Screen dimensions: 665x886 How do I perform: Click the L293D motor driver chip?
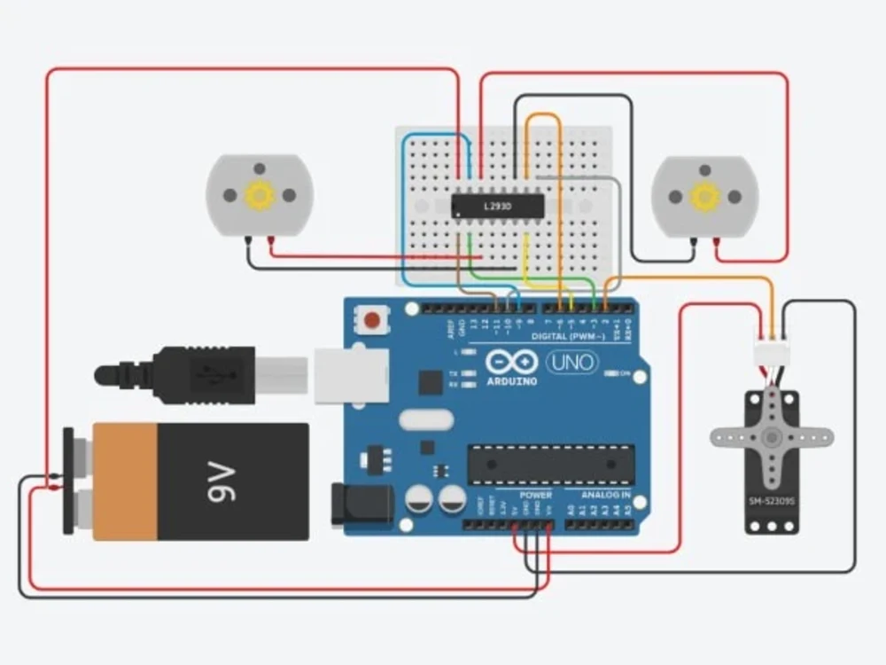(497, 206)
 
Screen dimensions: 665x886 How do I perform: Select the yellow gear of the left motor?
(260, 194)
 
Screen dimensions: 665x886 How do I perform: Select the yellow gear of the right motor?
(705, 196)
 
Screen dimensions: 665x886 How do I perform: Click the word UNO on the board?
(571, 362)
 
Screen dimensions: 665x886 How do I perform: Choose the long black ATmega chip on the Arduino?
(551, 465)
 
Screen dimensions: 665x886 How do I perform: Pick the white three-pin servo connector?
(771, 352)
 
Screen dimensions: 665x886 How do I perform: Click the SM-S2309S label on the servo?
(772, 502)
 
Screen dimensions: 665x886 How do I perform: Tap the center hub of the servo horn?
(772, 437)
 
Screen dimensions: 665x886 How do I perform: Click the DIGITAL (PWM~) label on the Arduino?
(568, 337)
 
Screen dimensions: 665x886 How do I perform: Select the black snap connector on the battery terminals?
(68, 481)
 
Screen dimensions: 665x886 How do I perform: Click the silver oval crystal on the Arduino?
(426, 419)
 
